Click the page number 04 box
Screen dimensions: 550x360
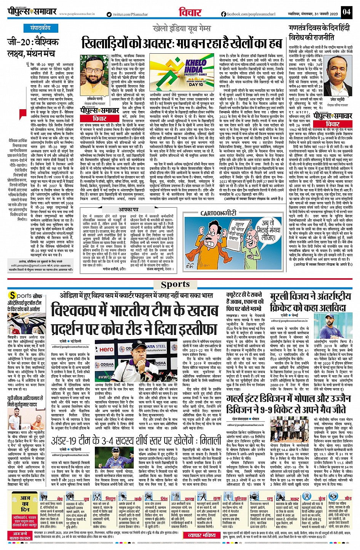click(x=346, y=12)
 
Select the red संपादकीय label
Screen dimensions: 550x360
click(x=40, y=28)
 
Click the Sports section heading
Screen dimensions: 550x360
click(x=175, y=284)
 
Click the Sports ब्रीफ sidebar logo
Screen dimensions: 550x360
click(x=23, y=296)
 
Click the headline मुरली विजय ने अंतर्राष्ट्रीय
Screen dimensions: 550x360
click(x=310, y=302)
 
